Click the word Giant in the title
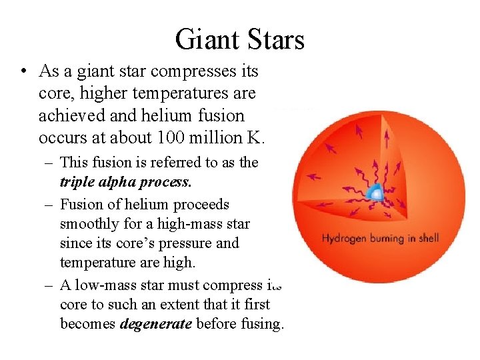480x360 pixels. (x=205, y=39)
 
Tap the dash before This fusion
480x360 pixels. (x=49, y=162)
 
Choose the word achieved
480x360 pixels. (x=71, y=115)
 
